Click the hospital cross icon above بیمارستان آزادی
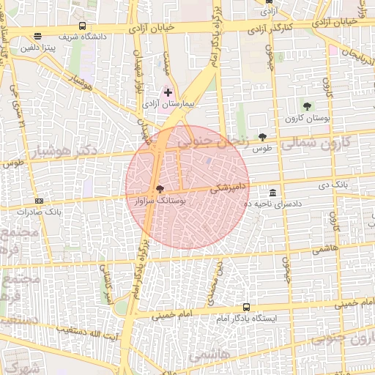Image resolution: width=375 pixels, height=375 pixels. point(168,92)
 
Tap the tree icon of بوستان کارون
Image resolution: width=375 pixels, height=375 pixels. point(306,106)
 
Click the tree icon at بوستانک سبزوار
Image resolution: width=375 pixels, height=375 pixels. point(160,188)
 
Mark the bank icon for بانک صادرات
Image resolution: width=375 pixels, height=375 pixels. point(39,201)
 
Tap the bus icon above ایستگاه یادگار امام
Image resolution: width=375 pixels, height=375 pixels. point(245,308)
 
